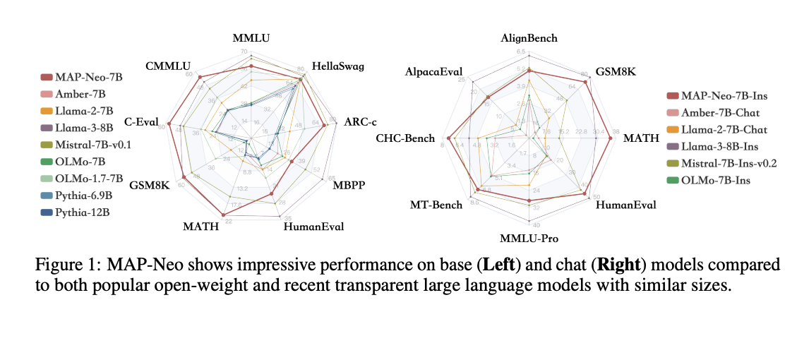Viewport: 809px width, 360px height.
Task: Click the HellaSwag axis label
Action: pos(342,66)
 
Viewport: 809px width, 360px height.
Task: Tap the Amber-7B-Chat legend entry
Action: pos(724,113)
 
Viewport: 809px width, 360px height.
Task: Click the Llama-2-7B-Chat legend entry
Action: pos(726,130)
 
